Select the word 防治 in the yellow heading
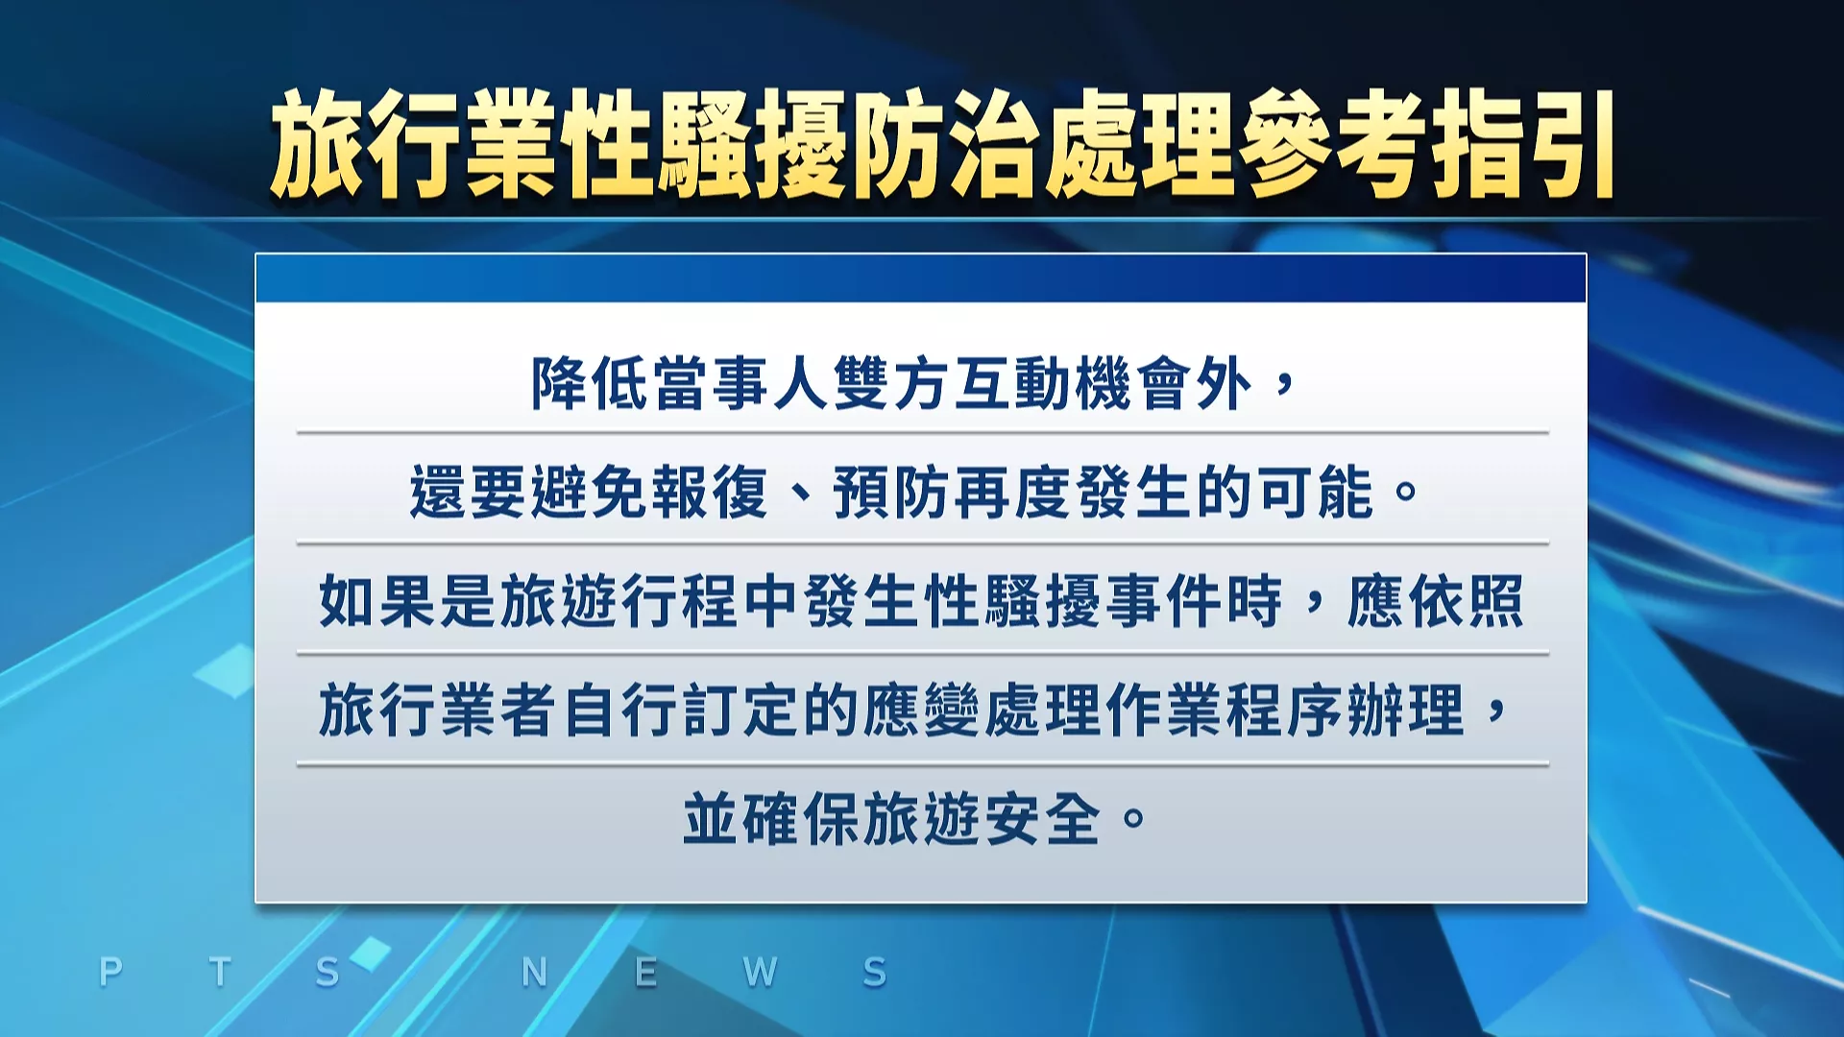[x=946, y=144]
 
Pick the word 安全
[x=1042, y=819]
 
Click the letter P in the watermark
[x=110, y=972]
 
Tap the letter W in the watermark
[x=760, y=972]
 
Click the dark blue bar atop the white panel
[x=920, y=278]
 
